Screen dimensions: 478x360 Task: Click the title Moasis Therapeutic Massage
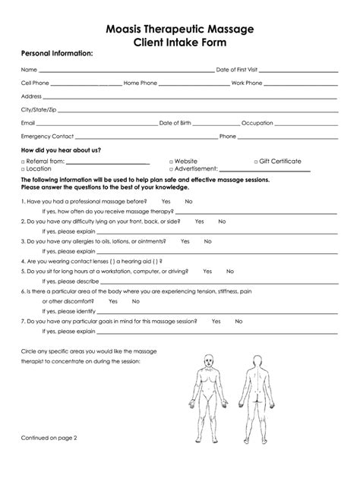coord(180,29)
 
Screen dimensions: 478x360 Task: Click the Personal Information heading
coord(57,55)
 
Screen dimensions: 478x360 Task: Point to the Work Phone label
coord(247,83)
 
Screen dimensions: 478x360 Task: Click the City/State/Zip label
coord(38,109)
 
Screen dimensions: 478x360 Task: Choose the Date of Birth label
coord(176,123)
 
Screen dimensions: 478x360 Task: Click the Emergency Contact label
coord(47,137)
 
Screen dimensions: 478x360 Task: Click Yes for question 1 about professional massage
coord(166,201)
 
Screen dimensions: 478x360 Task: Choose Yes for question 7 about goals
coord(216,321)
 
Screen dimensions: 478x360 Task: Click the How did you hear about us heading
coord(61,150)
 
